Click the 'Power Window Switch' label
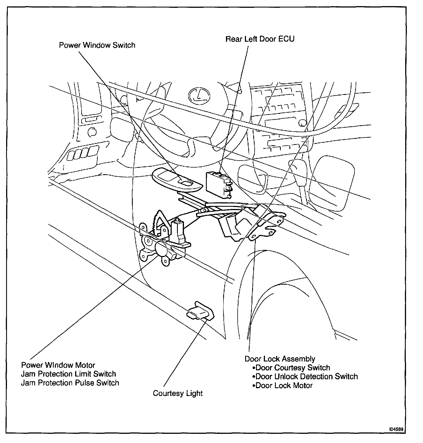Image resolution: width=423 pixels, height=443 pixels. pos(97,45)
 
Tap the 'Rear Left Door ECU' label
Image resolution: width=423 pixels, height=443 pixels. pos(260,39)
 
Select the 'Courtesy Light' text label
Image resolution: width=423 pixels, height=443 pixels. pos(178,393)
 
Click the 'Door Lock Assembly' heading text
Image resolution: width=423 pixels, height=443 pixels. pos(280,359)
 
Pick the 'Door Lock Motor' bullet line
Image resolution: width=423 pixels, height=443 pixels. pos(284,385)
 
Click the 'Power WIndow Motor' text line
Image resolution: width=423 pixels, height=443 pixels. pos(58,365)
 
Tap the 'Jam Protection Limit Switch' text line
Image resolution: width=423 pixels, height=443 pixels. pos(68,374)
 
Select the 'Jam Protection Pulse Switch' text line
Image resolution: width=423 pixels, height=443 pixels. pos(70,383)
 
